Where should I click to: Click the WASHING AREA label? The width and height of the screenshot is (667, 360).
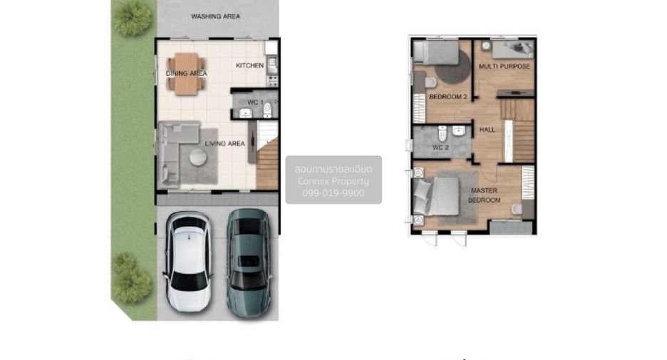tap(215, 16)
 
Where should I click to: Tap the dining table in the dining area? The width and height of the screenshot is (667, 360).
tap(186, 73)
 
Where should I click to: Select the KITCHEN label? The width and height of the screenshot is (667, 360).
tap(249, 66)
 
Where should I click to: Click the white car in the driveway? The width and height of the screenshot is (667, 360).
tap(188, 261)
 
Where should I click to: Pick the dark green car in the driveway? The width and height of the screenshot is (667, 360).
tap(249, 263)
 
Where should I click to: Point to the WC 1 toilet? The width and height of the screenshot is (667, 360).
tap(267, 110)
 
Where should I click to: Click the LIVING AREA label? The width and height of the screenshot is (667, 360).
tap(225, 144)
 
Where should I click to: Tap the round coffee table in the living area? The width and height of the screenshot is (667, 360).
tap(198, 157)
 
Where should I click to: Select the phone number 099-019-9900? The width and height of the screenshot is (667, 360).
tap(333, 192)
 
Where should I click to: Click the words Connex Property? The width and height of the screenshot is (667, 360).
tap(333, 181)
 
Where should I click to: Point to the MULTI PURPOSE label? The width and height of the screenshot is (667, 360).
tap(505, 66)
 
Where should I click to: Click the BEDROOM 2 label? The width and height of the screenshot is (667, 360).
tap(448, 97)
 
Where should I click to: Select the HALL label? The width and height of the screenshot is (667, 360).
tap(487, 130)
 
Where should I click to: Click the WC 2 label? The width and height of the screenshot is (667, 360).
tap(440, 148)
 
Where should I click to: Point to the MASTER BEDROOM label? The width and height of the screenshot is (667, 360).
tap(485, 195)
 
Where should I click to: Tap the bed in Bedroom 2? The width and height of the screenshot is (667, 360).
tap(436, 53)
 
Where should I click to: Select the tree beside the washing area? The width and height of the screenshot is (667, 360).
tap(133, 19)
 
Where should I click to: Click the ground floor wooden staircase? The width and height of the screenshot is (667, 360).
tap(267, 164)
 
